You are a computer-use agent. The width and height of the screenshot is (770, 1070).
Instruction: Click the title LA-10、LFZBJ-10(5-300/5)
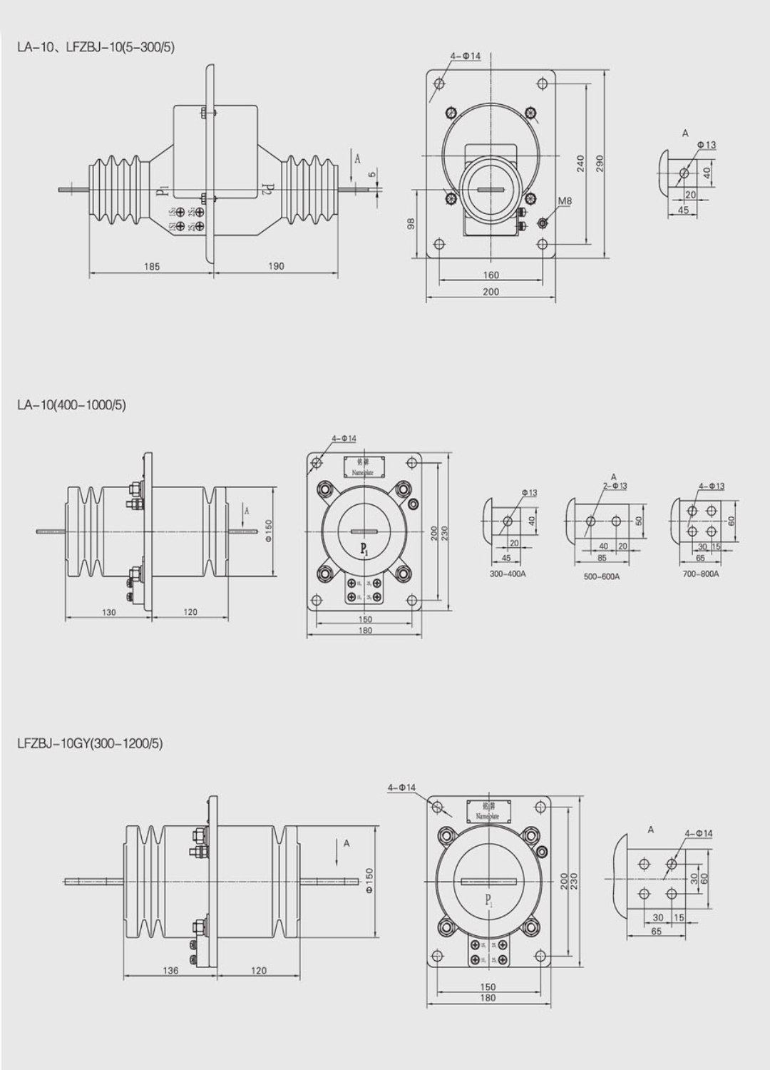pyautogui.click(x=96, y=48)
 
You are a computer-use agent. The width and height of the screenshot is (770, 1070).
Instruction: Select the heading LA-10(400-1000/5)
pyautogui.click(x=71, y=405)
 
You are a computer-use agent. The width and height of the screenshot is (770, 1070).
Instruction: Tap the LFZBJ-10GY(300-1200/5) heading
pyautogui.click(x=90, y=743)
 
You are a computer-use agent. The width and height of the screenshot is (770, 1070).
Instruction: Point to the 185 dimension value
pyautogui.click(x=152, y=267)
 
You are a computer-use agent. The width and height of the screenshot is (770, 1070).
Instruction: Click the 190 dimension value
pyautogui.click(x=276, y=266)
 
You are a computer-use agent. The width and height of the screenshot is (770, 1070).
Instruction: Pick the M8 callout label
pyautogui.click(x=564, y=201)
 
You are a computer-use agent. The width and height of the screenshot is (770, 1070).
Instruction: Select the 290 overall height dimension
pyautogui.click(x=600, y=163)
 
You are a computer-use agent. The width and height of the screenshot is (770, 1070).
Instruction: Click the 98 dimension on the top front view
pyautogui.click(x=411, y=224)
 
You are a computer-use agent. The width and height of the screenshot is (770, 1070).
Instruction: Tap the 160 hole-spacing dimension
pyautogui.click(x=491, y=275)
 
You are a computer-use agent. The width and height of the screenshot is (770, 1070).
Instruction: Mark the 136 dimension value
pyautogui.click(x=171, y=970)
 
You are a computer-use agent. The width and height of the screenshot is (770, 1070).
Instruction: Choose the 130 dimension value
pyautogui.click(x=108, y=612)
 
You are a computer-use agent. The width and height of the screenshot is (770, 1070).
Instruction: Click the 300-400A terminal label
pyautogui.click(x=508, y=574)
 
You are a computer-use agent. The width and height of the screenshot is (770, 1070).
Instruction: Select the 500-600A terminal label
pyautogui.click(x=602, y=576)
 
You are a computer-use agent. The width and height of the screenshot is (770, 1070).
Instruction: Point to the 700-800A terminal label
pyautogui.click(x=701, y=574)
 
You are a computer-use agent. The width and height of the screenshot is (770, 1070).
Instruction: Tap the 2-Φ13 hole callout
pyautogui.click(x=615, y=486)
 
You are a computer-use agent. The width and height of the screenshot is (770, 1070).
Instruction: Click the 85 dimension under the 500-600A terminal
pyautogui.click(x=602, y=558)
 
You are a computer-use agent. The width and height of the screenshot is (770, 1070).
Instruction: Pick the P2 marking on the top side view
pyautogui.click(x=267, y=189)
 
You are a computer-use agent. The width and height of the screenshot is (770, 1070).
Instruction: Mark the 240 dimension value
pyautogui.click(x=580, y=163)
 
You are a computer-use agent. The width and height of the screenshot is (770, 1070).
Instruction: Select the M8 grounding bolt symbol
pyautogui.click(x=543, y=223)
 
